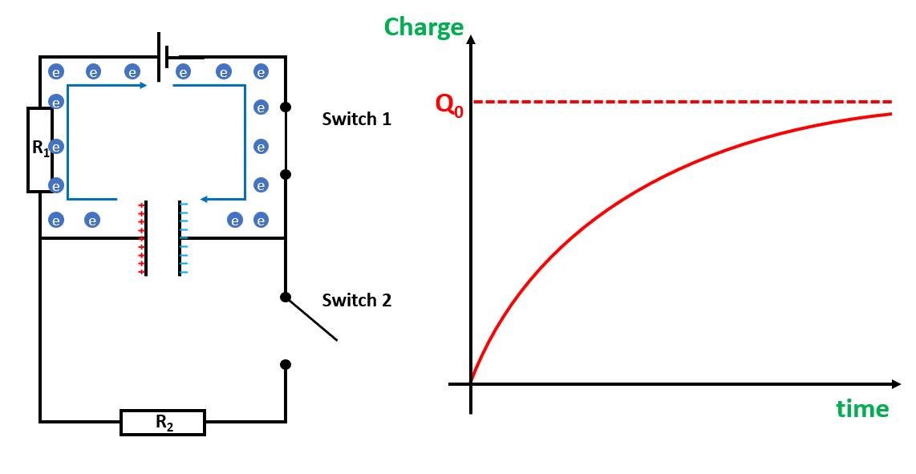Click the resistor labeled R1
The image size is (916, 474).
click(x=40, y=149)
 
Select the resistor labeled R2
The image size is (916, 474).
click(x=163, y=422)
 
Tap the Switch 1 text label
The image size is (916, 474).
click(x=356, y=120)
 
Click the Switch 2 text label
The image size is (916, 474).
click(x=356, y=301)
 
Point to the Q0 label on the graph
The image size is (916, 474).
click(x=449, y=104)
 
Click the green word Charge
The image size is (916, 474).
click(x=424, y=27)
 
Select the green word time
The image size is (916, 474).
click(x=862, y=409)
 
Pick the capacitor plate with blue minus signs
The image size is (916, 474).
click(x=180, y=238)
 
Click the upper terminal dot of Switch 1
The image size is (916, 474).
click(x=285, y=107)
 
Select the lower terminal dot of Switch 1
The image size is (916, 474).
click(x=285, y=174)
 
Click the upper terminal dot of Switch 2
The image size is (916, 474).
click(x=285, y=297)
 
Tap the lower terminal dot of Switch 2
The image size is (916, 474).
click(x=285, y=364)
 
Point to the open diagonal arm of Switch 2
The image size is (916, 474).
click(x=313, y=320)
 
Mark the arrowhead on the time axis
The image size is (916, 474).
click(x=896, y=383)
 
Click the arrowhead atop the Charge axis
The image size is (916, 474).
click(x=471, y=39)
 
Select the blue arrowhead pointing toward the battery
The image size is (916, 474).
click(x=144, y=85)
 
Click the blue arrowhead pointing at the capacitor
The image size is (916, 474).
click(x=204, y=199)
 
